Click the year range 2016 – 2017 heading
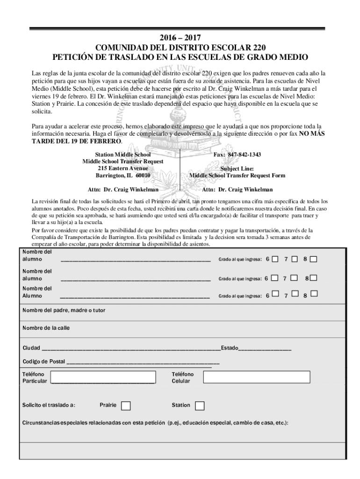180,38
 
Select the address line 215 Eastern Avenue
123,168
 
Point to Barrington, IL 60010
123,175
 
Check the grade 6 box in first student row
275,259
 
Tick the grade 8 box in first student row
313,259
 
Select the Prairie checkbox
126,406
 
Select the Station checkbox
200,406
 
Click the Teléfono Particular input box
103,377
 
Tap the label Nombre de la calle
46,328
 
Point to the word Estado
230,348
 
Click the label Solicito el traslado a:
49,405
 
